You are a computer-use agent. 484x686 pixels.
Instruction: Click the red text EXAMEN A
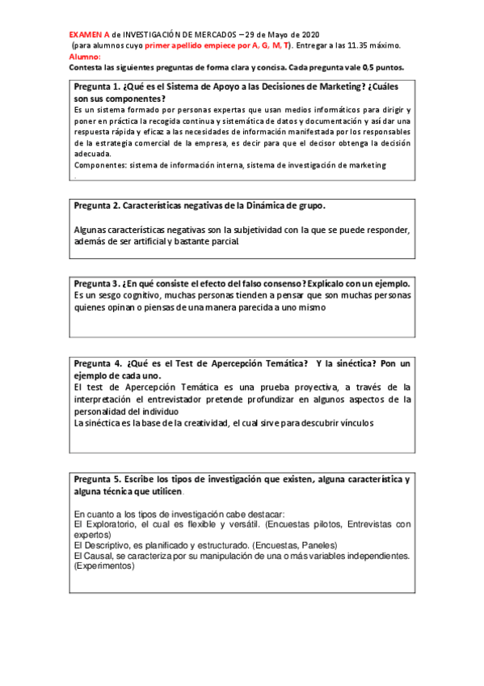tap(90, 36)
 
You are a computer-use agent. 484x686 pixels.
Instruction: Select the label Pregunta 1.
tap(97, 87)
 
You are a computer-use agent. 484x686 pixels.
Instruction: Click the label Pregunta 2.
tap(97, 206)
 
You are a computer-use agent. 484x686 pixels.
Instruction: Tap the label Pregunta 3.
tap(97, 284)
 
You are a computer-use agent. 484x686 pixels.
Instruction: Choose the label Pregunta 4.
tap(97, 363)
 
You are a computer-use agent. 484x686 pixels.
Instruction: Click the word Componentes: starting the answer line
tap(100, 165)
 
